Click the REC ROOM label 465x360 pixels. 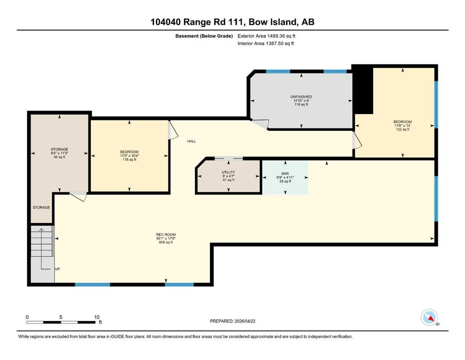166,234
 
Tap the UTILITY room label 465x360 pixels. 229,172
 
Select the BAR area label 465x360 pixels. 285,173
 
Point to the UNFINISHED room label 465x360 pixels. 301,97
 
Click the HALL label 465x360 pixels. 192,141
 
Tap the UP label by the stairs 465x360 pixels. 58,269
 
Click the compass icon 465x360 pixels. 429,317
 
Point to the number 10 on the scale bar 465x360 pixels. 96,317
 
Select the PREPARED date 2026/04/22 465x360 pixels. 232,321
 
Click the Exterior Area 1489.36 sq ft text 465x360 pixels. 266,36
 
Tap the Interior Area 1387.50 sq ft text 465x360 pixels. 266,43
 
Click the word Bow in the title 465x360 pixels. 257,22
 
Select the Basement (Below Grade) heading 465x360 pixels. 204,36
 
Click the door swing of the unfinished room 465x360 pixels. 261,124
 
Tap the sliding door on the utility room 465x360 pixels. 229,158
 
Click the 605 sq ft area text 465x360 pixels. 166,242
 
